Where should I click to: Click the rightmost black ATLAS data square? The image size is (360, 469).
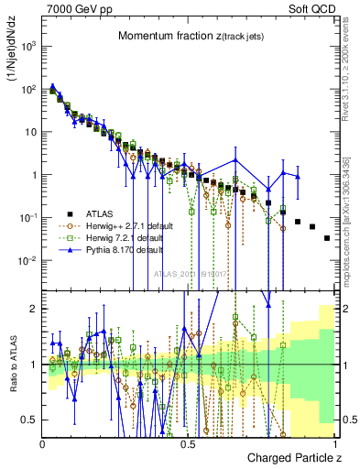[327, 238]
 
